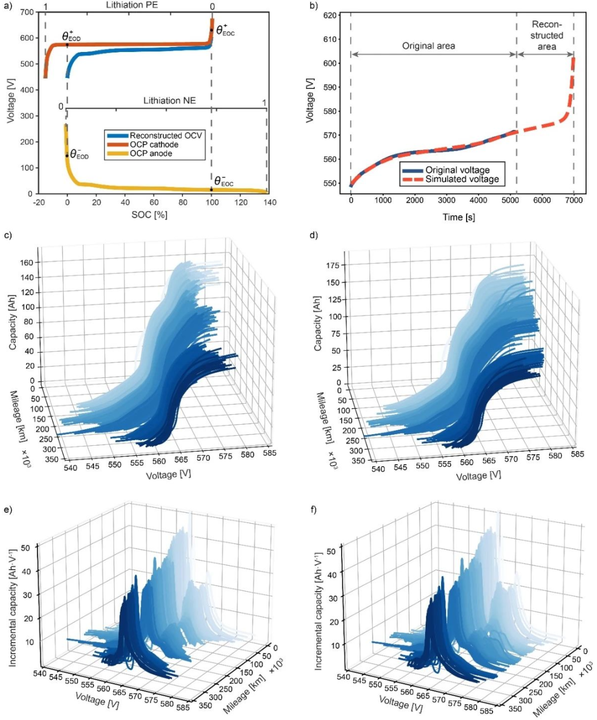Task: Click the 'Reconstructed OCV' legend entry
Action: [x=166, y=135]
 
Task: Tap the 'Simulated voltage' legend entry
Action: [x=462, y=179]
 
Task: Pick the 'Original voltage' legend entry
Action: [x=457, y=170]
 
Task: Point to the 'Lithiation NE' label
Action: [x=169, y=101]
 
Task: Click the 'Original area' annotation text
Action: [x=428, y=46]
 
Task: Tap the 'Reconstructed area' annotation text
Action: [x=546, y=35]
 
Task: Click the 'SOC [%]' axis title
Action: [x=149, y=215]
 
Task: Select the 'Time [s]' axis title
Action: [x=458, y=217]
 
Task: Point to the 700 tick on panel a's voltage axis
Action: [x=27, y=12]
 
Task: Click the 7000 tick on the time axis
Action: [x=574, y=200]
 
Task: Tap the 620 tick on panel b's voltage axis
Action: [x=330, y=15]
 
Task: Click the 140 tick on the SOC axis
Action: [x=269, y=202]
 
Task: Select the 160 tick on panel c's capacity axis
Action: [x=27, y=263]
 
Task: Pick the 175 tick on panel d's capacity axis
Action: [x=333, y=265]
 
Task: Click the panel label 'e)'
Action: [x=8, y=509]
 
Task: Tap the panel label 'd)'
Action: [x=314, y=235]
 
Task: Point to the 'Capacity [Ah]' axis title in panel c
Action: [x=12, y=322]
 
